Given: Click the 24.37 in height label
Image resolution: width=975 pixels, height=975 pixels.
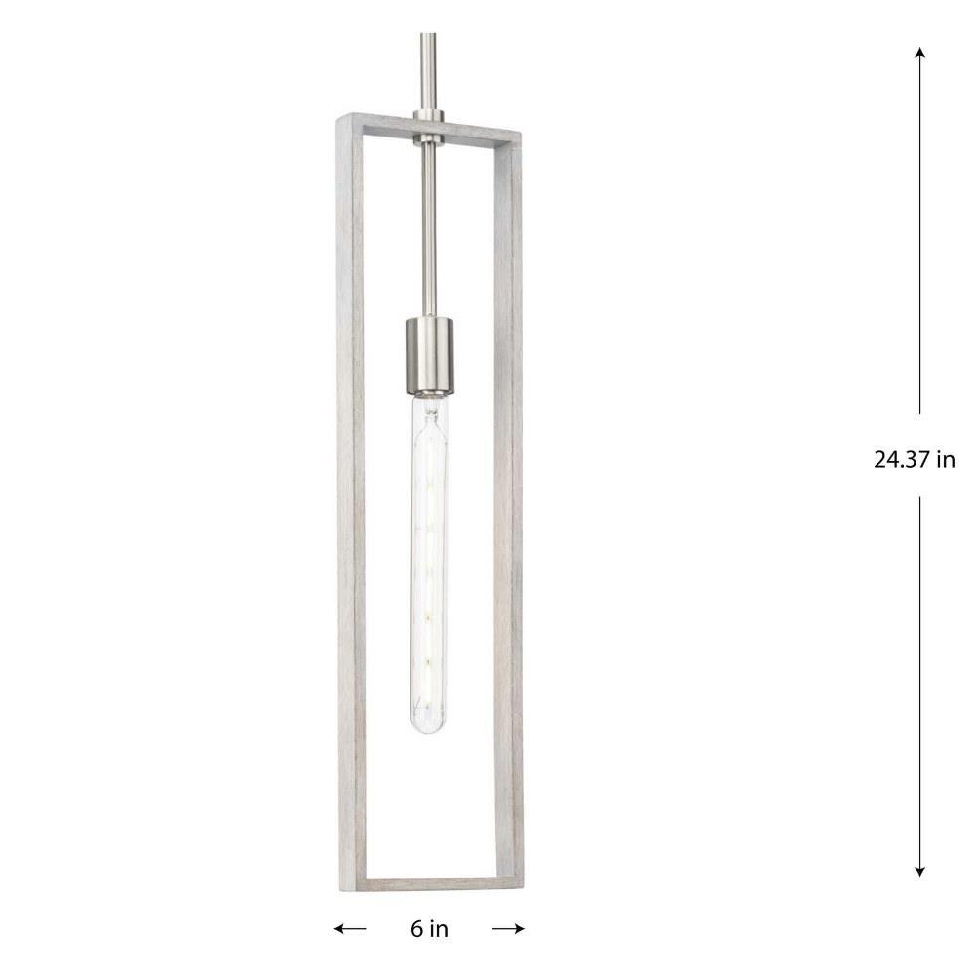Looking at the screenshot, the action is coord(915,460).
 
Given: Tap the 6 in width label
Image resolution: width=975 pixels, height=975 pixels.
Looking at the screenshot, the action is coord(429,929).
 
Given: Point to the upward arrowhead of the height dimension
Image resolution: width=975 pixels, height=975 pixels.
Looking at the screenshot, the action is coord(919,53).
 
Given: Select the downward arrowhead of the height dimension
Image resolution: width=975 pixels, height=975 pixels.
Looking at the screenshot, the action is coord(919,871).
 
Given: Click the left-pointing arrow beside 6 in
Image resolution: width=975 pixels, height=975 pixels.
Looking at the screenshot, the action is coord(349,929).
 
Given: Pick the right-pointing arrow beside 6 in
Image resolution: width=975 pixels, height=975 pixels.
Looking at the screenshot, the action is coord(508,929).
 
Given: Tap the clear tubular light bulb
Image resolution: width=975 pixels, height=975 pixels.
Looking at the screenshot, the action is coord(430,559).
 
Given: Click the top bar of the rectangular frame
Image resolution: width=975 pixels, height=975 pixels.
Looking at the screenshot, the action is coord(429,129).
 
